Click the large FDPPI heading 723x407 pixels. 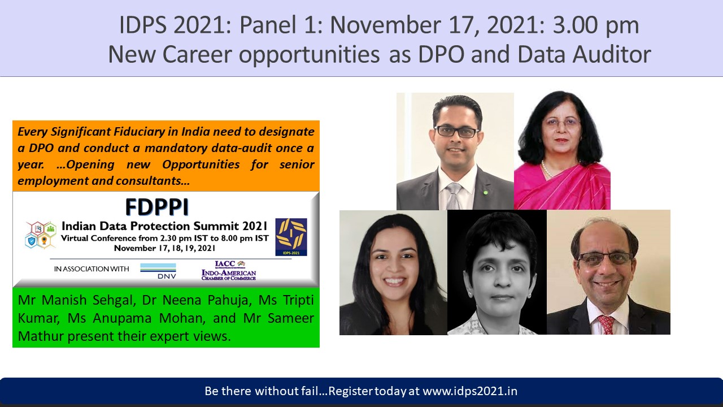click(157, 207)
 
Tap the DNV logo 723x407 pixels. click(158, 271)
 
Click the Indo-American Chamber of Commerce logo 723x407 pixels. click(229, 271)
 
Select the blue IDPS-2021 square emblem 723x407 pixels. click(291, 237)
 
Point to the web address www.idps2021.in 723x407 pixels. click(470, 391)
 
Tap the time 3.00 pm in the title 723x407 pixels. click(596, 25)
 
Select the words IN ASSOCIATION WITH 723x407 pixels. click(92, 269)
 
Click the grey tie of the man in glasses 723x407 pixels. click(454, 196)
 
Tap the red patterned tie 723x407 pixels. click(606, 324)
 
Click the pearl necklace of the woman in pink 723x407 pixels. click(546, 169)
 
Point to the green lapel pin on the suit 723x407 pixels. click(485, 193)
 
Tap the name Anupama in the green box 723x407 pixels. click(121, 318)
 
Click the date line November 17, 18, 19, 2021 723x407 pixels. click(164, 248)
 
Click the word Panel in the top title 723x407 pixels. click(268, 25)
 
